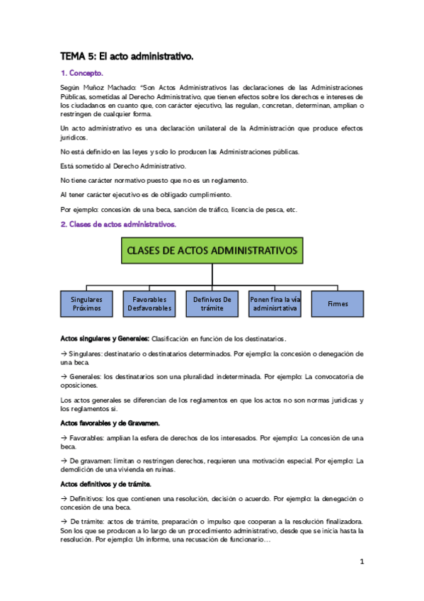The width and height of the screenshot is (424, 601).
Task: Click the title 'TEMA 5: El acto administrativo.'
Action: coord(127,55)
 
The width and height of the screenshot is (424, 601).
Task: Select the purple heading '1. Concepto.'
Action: coord(82,72)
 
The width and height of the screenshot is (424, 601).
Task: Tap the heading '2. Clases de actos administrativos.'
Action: coord(118,224)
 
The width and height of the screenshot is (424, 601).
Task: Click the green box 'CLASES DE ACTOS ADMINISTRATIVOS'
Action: coord(212,250)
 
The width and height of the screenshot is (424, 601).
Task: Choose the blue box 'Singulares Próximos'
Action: coord(87,304)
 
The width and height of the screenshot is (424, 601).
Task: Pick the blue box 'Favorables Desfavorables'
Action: coord(149,304)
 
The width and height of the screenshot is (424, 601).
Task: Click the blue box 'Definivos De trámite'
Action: coord(212,304)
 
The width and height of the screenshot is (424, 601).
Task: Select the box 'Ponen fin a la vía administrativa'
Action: coord(275,304)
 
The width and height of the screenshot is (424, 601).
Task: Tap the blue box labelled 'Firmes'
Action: coord(338,304)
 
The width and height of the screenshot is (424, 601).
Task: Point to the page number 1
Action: coord(361,562)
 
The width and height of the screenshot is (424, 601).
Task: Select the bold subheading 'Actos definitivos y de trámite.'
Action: coord(105,484)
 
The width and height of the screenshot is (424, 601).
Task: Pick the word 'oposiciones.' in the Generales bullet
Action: coord(79,386)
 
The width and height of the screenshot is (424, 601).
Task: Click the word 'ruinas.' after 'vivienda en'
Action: coord(162,469)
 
